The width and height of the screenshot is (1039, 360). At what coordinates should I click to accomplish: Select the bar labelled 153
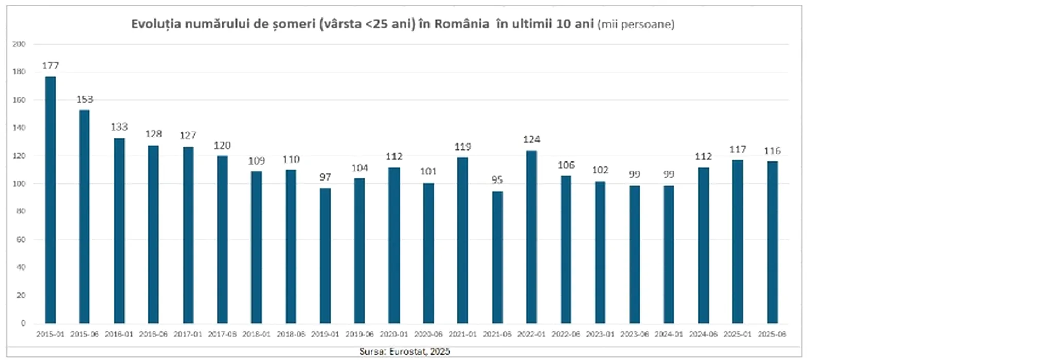click(x=84, y=216)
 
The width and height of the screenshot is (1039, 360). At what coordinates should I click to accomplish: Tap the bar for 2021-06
click(x=497, y=257)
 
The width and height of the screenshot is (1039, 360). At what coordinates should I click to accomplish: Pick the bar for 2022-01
click(x=531, y=237)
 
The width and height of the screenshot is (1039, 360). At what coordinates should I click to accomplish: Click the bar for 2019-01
click(x=325, y=256)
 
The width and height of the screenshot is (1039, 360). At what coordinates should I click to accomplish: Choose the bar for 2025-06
click(x=772, y=242)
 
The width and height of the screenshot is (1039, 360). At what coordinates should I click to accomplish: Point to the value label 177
click(x=50, y=66)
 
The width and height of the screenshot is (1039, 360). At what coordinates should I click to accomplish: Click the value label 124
click(x=531, y=139)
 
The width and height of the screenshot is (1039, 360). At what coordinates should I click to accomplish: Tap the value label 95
click(x=497, y=179)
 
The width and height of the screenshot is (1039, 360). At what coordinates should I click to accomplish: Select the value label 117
click(x=738, y=149)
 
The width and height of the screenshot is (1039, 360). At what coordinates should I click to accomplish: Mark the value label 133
click(x=119, y=127)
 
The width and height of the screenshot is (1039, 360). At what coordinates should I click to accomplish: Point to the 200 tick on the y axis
click(x=19, y=44)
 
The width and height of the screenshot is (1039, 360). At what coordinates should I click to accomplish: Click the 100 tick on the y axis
click(x=19, y=184)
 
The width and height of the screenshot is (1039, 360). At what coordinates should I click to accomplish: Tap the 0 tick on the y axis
click(x=23, y=323)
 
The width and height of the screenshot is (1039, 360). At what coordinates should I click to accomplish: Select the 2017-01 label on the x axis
click(x=188, y=334)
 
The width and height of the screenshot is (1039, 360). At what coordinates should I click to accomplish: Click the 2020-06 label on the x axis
click(x=428, y=334)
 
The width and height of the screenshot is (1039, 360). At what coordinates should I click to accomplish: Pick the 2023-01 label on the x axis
click(x=600, y=334)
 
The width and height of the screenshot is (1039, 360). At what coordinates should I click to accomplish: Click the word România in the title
click(x=461, y=24)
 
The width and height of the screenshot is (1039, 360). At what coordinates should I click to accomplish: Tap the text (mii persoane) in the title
click(x=636, y=24)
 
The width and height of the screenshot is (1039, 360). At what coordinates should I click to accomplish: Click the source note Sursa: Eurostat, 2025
click(x=404, y=351)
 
